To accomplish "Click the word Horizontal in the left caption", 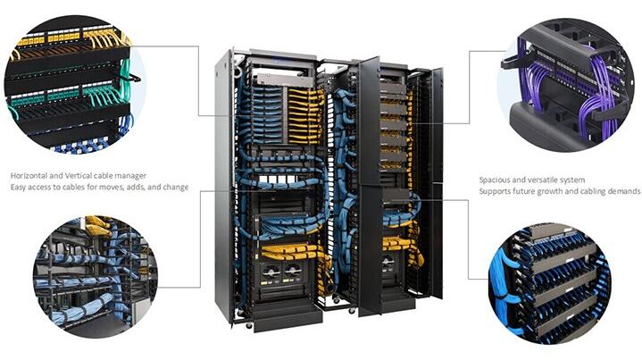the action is coord(29,176).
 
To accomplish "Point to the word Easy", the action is coord(19,188).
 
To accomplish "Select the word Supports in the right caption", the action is coord(495,191).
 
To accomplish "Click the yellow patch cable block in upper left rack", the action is coord(304,116).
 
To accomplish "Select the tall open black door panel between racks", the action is coord(370,187).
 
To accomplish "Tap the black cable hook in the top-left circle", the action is coord(130,78).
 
